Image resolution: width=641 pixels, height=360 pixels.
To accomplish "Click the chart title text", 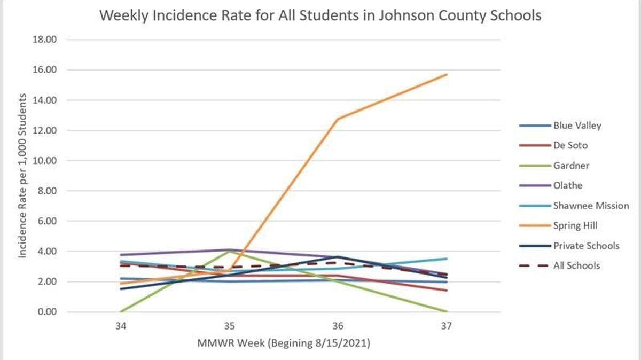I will pos(320,15).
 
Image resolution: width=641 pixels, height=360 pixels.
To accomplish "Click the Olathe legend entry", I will pos(568,185).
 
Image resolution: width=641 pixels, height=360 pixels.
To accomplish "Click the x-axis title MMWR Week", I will pos(284,343).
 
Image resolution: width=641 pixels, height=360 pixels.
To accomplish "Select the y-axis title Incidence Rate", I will pos(23,176).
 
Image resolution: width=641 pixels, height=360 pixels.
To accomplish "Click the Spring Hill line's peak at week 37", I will pos(447,74).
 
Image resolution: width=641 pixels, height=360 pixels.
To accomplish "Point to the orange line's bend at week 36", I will pos(338,119).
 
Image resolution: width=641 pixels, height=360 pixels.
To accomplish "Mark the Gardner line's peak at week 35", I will pos(230,251).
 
